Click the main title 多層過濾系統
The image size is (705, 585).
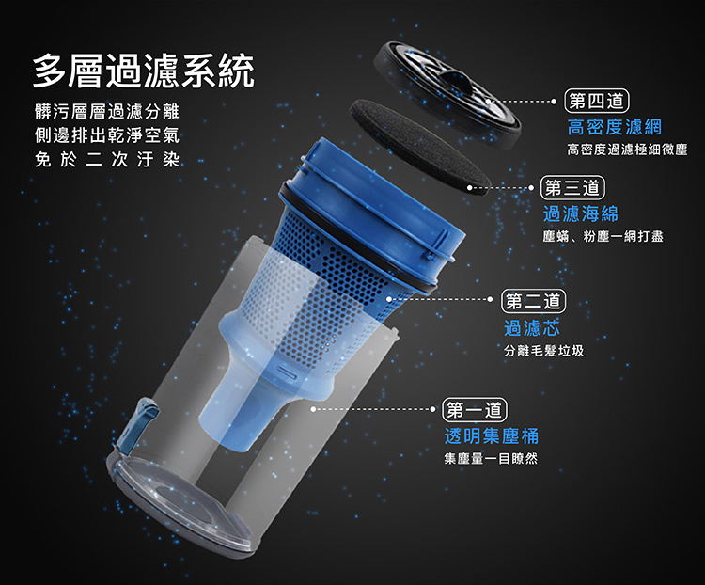[144, 71]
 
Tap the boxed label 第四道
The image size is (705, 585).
[596, 101]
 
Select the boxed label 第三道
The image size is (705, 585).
[572, 188]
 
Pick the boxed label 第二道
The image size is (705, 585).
[533, 301]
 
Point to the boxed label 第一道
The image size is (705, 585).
[475, 410]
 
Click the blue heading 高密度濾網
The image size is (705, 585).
[614, 127]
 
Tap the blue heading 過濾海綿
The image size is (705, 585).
[581, 213]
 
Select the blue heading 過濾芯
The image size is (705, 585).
[532, 328]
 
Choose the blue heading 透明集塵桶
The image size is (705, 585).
[491, 435]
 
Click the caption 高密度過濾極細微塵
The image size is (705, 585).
[627, 150]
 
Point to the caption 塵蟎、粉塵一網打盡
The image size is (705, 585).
[603, 236]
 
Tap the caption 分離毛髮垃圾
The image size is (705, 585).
[543, 351]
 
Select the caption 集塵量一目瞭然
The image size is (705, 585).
[491, 459]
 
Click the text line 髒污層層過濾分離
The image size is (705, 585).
[107, 112]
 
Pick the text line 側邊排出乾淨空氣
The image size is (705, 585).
[107, 135]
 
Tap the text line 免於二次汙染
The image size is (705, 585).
[107, 159]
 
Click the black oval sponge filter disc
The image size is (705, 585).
[419, 147]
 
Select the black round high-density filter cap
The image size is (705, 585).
[447, 94]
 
